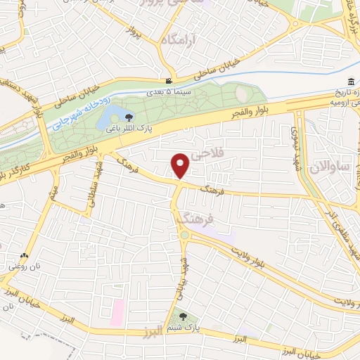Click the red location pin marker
[181, 166]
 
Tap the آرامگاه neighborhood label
[181, 41]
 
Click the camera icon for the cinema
[168, 82]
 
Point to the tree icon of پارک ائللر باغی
[128, 118]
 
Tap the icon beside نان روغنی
[25, 256]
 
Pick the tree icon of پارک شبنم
[184, 317]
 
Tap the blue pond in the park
[110, 117]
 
